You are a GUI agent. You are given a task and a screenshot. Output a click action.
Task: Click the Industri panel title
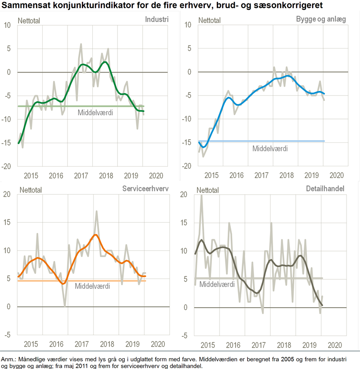coord(157,20)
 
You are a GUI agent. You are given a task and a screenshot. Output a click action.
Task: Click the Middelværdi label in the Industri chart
coord(95,113)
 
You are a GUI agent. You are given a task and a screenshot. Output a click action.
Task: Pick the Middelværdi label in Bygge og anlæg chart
coord(270,148)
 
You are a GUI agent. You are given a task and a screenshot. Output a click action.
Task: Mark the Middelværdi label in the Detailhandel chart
coord(217,284)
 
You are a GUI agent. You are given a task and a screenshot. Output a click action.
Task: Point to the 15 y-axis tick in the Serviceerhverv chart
coord(7,222)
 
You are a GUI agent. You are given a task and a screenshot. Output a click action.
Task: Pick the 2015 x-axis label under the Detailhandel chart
coord(207,345)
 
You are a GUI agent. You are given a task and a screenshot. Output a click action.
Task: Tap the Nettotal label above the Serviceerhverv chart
coord(29,190)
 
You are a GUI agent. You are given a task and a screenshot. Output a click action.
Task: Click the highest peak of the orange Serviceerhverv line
coord(95,235)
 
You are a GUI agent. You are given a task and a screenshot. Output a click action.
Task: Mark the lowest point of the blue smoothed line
coord(204,147)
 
